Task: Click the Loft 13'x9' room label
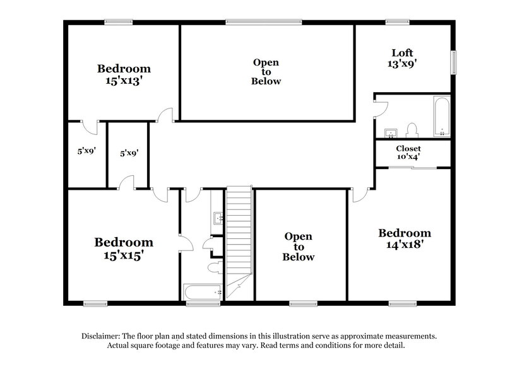pos(402,58)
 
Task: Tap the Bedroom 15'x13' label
pos(124,74)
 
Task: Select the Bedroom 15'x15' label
pos(124,248)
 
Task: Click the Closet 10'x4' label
pos(408,153)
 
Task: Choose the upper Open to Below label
pos(266,72)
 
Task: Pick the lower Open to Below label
pos(298,246)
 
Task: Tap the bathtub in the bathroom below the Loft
pos(441,116)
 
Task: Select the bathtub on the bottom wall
pos(202,291)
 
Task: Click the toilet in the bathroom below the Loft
pos(413,130)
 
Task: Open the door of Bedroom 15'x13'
pos(165,115)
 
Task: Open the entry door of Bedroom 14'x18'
pos(360,195)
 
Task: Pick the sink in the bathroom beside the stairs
pos(218,219)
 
